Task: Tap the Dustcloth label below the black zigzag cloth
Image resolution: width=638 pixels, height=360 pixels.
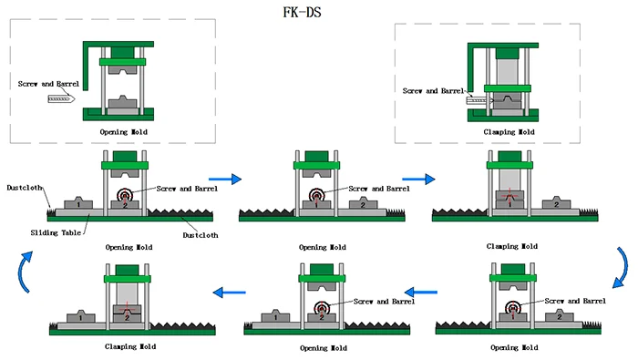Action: [x=201, y=234]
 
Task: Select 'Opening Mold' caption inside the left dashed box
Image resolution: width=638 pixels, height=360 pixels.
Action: [x=123, y=132]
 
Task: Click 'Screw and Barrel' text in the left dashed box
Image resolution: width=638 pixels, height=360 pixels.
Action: [x=48, y=84]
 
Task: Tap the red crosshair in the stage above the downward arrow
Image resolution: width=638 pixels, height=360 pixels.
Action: [x=514, y=198]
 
